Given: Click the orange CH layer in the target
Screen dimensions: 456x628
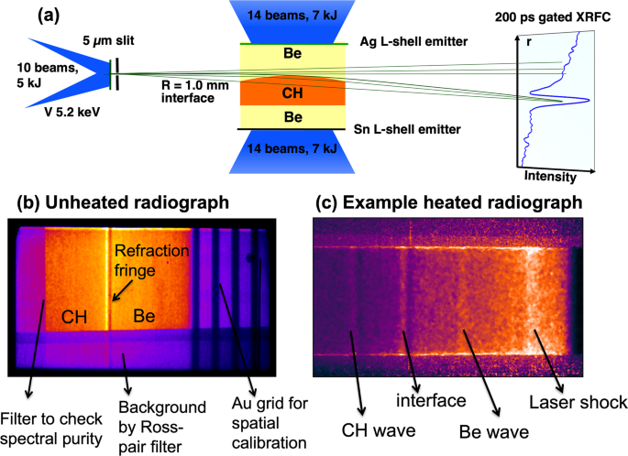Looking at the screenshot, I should (x=292, y=92).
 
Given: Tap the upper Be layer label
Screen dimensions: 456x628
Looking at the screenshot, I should (x=292, y=56).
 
